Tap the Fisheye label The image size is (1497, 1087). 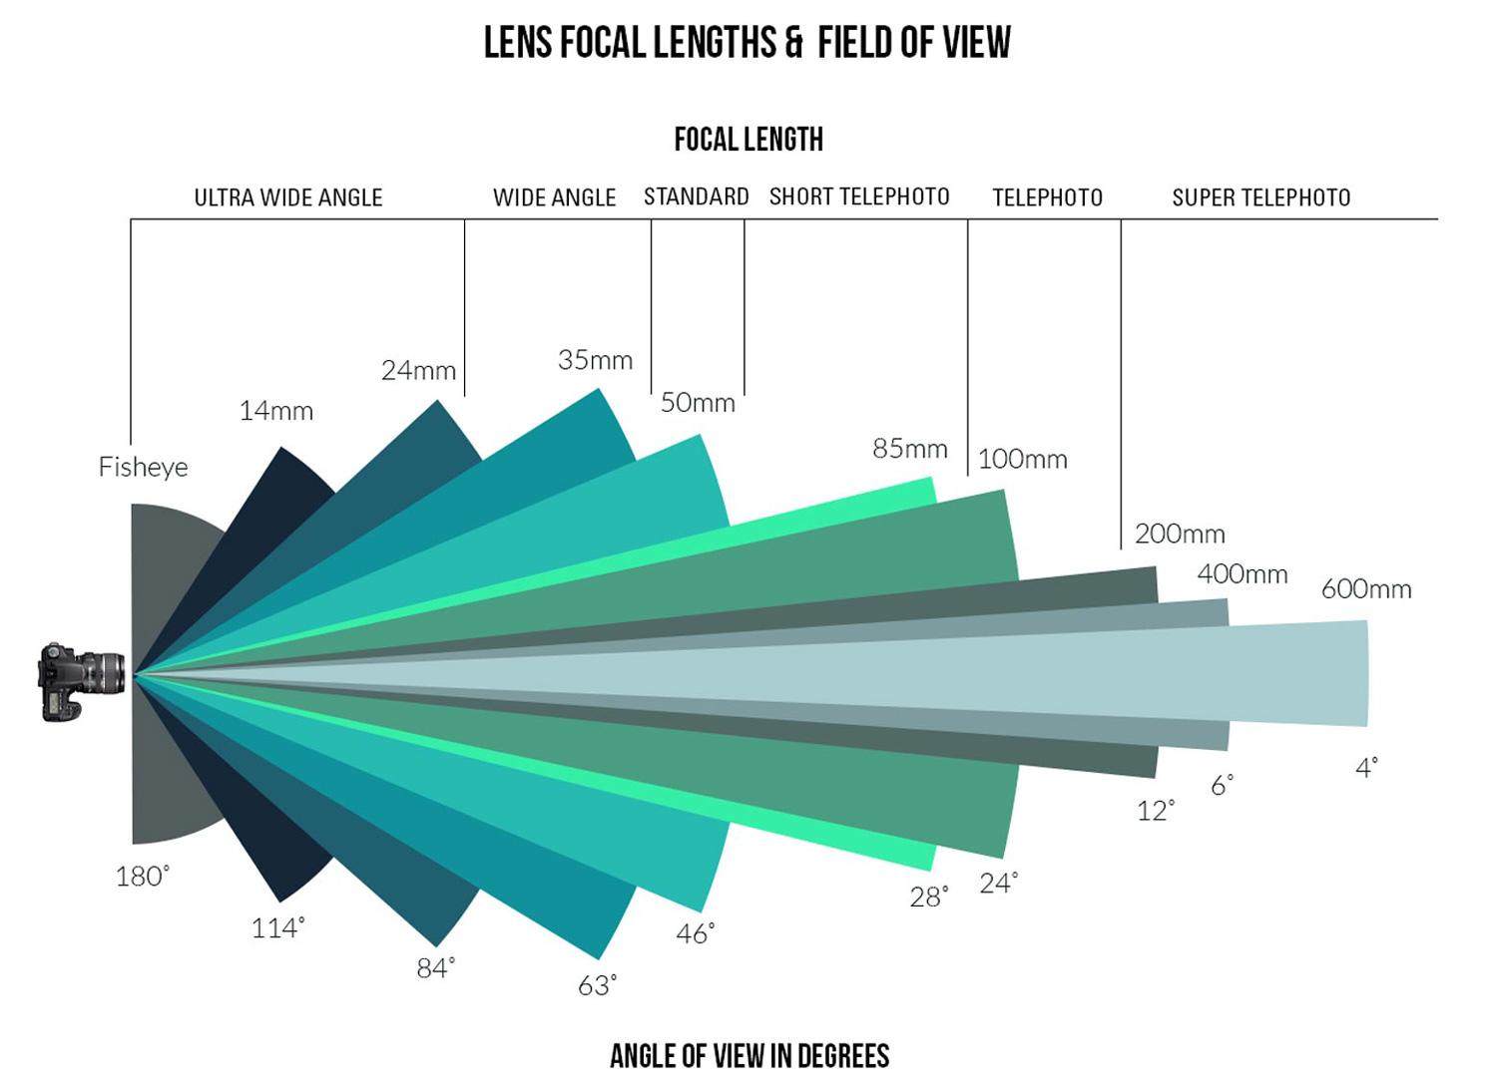[x=143, y=467]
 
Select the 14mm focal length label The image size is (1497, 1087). [x=275, y=411]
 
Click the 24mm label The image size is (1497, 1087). [x=418, y=370]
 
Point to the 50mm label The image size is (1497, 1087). [x=698, y=403]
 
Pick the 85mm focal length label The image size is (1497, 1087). [x=909, y=449]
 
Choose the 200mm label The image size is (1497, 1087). [x=1180, y=534]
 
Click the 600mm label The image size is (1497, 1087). [x=1366, y=589]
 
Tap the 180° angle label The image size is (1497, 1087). [x=142, y=877]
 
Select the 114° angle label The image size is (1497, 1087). [x=277, y=928]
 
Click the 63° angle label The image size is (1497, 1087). [x=597, y=985]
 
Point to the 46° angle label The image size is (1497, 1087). [x=695, y=933]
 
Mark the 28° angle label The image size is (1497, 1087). [x=928, y=898]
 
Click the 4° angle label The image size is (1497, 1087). [x=1366, y=768]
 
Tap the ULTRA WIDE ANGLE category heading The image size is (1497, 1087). [x=288, y=197]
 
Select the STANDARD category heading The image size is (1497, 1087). [x=696, y=197]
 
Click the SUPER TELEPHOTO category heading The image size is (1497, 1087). [x=1260, y=197]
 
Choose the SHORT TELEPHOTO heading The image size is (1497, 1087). [x=859, y=197]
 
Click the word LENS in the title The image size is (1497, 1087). [x=519, y=43]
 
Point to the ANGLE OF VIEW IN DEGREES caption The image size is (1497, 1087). [x=749, y=1056]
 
